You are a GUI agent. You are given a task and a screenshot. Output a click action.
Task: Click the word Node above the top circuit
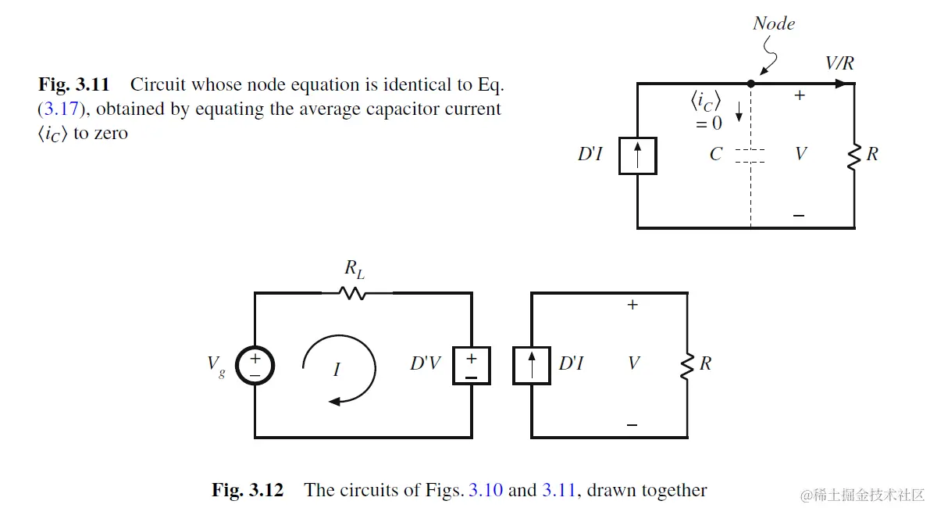click(773, 23)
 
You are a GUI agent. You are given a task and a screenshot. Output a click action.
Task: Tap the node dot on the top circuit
click(751, 83)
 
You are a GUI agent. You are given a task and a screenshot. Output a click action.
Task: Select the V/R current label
click(839, 63)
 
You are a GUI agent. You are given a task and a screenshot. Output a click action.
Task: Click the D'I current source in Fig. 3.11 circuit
click(638, 155)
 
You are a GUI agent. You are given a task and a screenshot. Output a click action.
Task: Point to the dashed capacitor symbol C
click(750, 155)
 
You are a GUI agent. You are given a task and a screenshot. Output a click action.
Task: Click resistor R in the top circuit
click(854, 156)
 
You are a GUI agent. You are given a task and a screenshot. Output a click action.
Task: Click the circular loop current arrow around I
click(340, 367)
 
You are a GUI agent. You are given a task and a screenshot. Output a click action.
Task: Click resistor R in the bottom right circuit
click(687, 365)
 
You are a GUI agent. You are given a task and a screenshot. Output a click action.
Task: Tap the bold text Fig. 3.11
click(74, 84)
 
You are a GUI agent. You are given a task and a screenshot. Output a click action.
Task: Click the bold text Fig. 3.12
click(248, 491)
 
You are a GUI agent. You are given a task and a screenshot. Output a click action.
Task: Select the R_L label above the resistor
click(355, 270)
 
